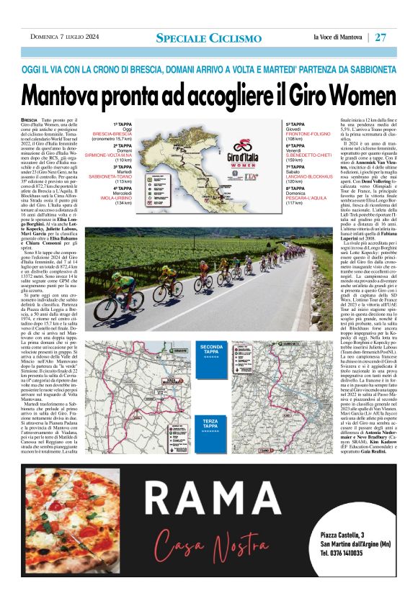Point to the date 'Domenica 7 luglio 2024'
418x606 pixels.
(x=65, y=37)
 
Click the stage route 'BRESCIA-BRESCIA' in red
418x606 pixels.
(x=112, y=134)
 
